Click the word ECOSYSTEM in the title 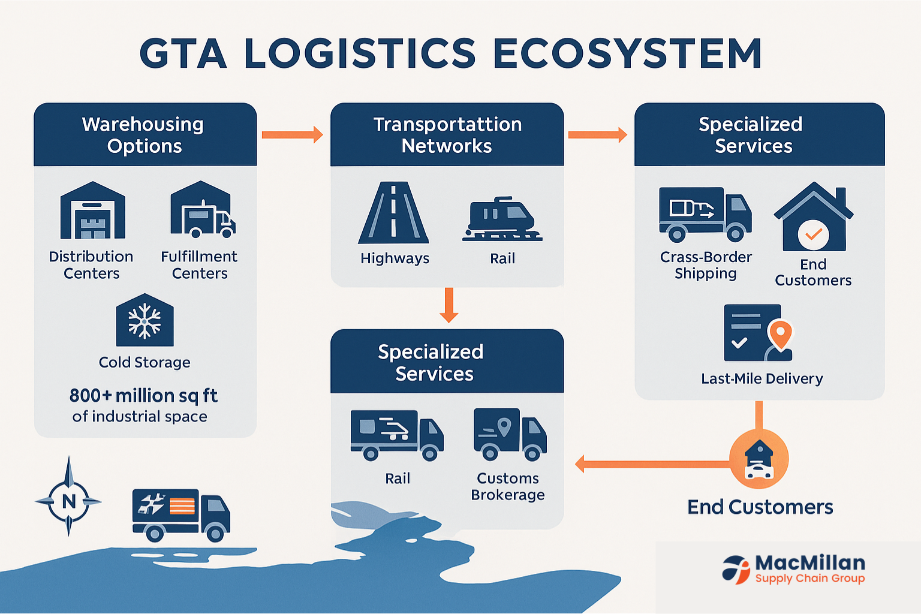click(x=627, y=53)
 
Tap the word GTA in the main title click(x=183, y=53)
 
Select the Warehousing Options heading click(x=144, y=135)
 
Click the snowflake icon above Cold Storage click(x=145, y=321)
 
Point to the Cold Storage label click(x=145, y=362)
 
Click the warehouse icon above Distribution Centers click(x=92, y=211)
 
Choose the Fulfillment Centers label click(x=199, y=265)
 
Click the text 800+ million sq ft click(x=143, y=396)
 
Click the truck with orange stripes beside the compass click(x=180, y=514)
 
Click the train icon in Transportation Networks click(x=502, y=219)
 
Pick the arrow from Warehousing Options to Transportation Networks click(x=292, y=134)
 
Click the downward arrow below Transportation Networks click(x=448, y=305)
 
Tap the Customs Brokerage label click(x=508, y=486)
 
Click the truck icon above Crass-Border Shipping click(x=705, y=214)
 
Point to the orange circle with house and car click(x=759, y=459)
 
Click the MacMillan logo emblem click(x=736, y=569)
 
